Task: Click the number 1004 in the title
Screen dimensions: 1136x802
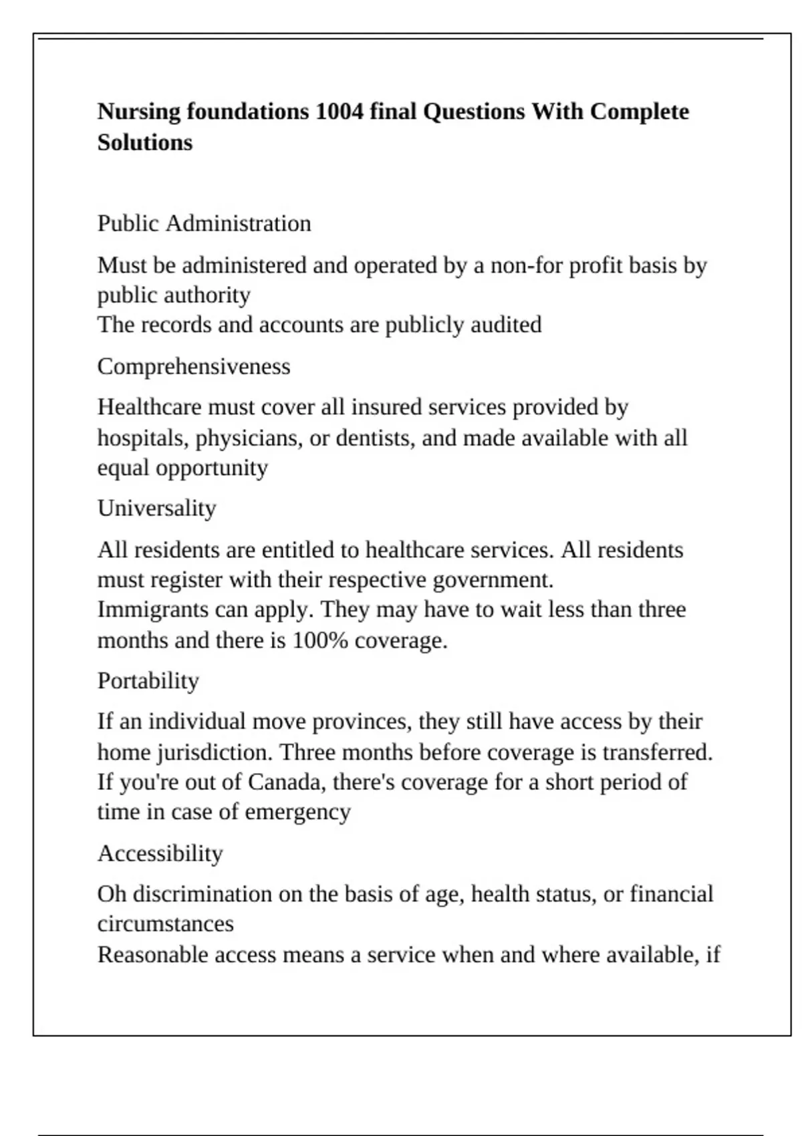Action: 339,111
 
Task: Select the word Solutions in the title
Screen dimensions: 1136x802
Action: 145,142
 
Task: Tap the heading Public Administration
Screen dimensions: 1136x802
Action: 204,223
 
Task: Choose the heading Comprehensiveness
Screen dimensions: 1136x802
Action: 194,366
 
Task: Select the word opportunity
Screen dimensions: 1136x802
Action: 212,468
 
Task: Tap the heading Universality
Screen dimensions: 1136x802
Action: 156,508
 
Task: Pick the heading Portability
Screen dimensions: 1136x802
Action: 148,680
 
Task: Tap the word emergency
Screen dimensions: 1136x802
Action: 297,812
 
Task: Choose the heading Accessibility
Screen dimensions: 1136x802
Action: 160,853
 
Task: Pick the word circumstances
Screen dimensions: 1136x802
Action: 165,924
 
